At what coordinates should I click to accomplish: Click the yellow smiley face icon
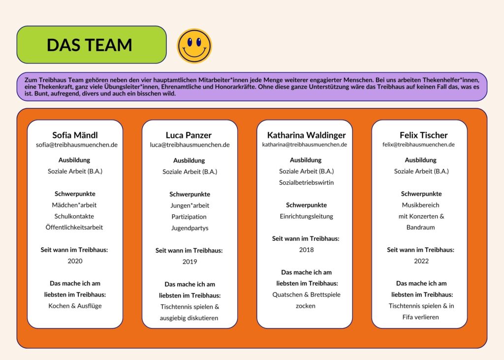click(194, 46)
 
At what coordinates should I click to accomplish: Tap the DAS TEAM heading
click(90, 45)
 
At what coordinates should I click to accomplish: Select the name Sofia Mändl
click(75, 135)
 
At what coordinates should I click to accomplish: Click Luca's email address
click(189, 145)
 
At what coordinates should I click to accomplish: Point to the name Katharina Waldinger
click(306, 135)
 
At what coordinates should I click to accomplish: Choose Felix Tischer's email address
click(418, 144)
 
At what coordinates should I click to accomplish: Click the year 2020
click(75, 261)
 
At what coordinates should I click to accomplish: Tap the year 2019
click(189, 262)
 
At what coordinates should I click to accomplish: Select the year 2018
click(306, 250)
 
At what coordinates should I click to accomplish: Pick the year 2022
click(421, 261)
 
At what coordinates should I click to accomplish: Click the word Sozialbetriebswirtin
click(306, 182)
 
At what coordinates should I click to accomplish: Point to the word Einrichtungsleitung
click(306, 216)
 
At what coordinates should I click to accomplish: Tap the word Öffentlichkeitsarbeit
click(74, 227)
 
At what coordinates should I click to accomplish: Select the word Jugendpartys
click(189, 228)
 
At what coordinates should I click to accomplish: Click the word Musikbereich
click(420, 205)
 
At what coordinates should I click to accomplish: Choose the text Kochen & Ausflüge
click(75, 306)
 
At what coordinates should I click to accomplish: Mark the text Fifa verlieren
click(420, 317)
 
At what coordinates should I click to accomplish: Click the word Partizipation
click(189, 217)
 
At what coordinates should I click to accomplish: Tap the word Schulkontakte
click(74, 216)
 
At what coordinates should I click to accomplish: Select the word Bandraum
click(420, 227)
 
